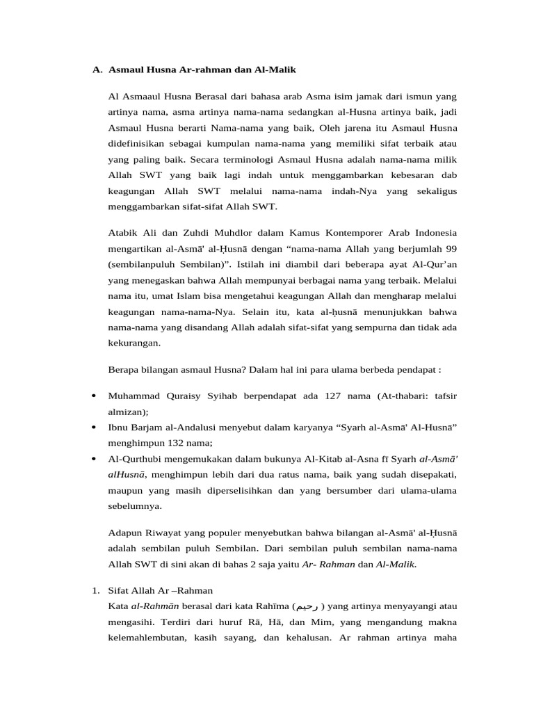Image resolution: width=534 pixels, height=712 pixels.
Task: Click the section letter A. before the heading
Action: point(97,70)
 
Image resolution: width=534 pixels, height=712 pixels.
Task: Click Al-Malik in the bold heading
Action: point(277,70)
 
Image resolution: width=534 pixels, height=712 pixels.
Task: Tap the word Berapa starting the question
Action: point(124,369)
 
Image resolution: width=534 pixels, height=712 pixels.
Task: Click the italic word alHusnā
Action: point(126,475)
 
